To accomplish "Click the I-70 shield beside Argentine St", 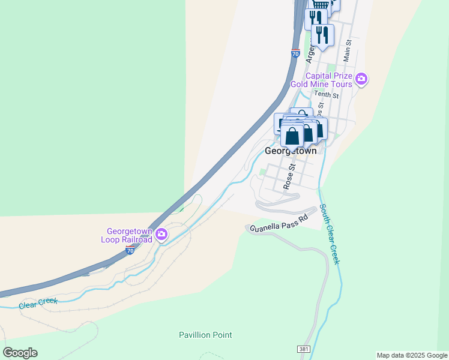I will [295, 53].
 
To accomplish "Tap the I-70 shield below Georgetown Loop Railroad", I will [130, 251].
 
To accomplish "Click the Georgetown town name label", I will [291, 152].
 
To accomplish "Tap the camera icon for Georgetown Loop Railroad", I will [161, 235].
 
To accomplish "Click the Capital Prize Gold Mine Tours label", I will [321, 80].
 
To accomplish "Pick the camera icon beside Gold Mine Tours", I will [361, 79].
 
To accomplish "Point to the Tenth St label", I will [327, 95].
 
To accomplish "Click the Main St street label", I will [347, 51].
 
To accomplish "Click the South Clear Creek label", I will [330, 234].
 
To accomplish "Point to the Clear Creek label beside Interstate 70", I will [38, 303].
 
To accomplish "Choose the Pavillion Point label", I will [205, 335].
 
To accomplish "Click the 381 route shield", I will [304, 349].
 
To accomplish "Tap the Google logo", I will [20, 353].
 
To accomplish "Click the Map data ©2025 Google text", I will [412, 355].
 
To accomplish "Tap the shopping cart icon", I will [321, 4].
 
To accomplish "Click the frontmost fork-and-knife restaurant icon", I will [323, 34].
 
